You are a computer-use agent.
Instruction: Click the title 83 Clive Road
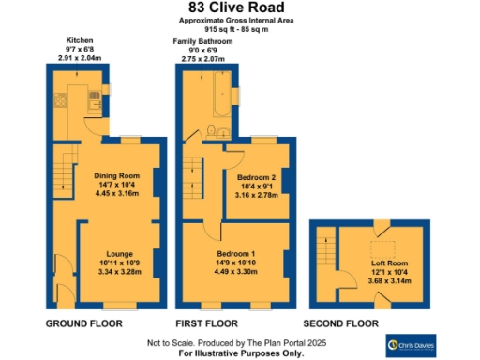(239, 8)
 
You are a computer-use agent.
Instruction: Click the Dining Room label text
(117, 175)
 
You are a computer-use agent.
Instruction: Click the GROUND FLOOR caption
(84, 323)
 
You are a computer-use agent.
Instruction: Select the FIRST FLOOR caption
(213, 323)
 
